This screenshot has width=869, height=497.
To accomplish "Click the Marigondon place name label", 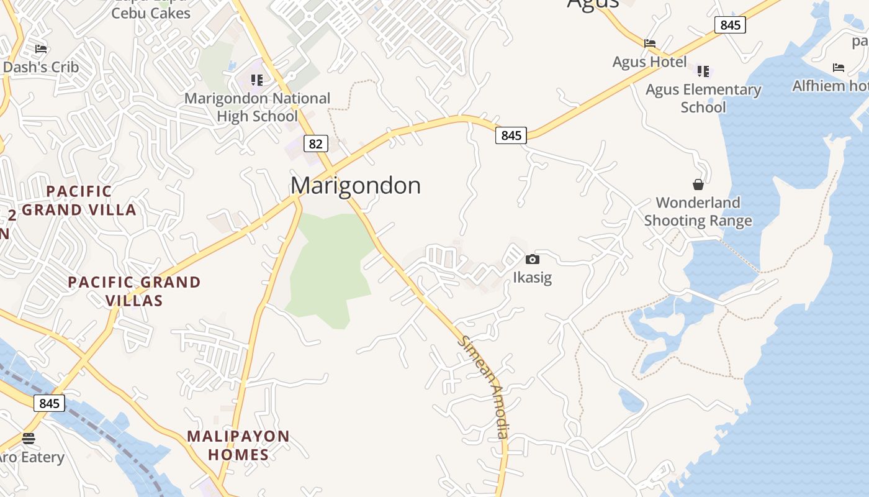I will coord(356,185).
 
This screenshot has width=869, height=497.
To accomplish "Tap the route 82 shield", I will coord(315,144).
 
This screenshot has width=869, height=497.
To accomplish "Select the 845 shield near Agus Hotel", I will coord(730,25).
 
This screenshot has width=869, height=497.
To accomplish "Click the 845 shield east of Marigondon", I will coord(511,135).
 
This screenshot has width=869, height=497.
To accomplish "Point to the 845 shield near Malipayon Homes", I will coord(49,403).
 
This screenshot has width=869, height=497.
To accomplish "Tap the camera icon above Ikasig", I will coord(532,260).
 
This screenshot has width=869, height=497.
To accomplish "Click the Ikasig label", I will coord(532,277).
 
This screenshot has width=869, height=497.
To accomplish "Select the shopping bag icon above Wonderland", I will coord(698,185).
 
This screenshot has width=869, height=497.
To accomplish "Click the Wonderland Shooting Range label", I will coord(698,212).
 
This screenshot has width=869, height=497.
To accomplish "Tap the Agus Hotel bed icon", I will coord(650,43).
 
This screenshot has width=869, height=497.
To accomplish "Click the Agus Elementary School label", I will coord(703,98).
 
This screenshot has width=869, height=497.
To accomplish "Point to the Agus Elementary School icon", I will coord(703,71).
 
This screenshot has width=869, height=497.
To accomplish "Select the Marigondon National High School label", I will coord(258,107).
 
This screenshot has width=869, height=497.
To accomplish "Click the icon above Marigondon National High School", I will coord(257,80).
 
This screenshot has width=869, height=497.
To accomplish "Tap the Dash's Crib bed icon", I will coord(41,48).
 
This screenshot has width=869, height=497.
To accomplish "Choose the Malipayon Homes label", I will coord(238,445).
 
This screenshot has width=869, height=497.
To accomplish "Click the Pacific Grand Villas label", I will coord(134,291).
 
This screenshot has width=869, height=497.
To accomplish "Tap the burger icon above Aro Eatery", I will coord(29,439).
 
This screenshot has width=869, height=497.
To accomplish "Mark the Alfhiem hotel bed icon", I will coord(839,67).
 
